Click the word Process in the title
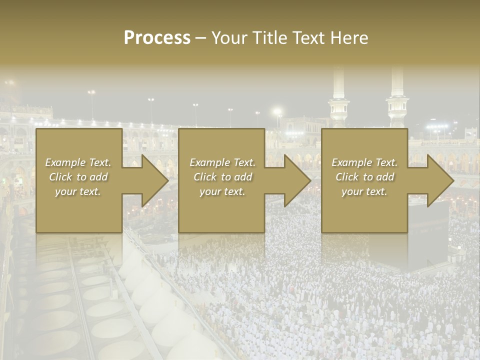[x=157, y=38]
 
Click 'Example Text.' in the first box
[x=78, y=162]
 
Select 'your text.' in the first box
[x=78, y=191]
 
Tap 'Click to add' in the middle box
[x=222, y=177]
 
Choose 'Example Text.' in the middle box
[x=222, y=162]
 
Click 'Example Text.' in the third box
[x=364, y=162]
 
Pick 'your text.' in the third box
[x=364, y=191]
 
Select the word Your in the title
[x=228, y=38]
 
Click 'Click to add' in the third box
[x=364, y=177]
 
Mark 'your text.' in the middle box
[x=222, y=191]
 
